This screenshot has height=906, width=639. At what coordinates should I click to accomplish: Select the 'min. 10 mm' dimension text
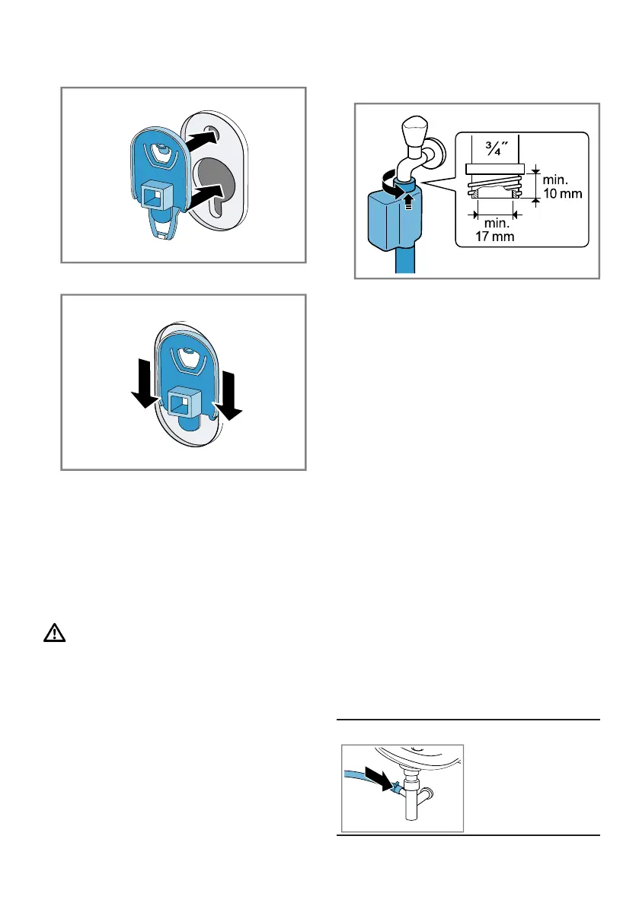point(561,186)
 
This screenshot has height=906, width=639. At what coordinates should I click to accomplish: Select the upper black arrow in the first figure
point(205,141)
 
